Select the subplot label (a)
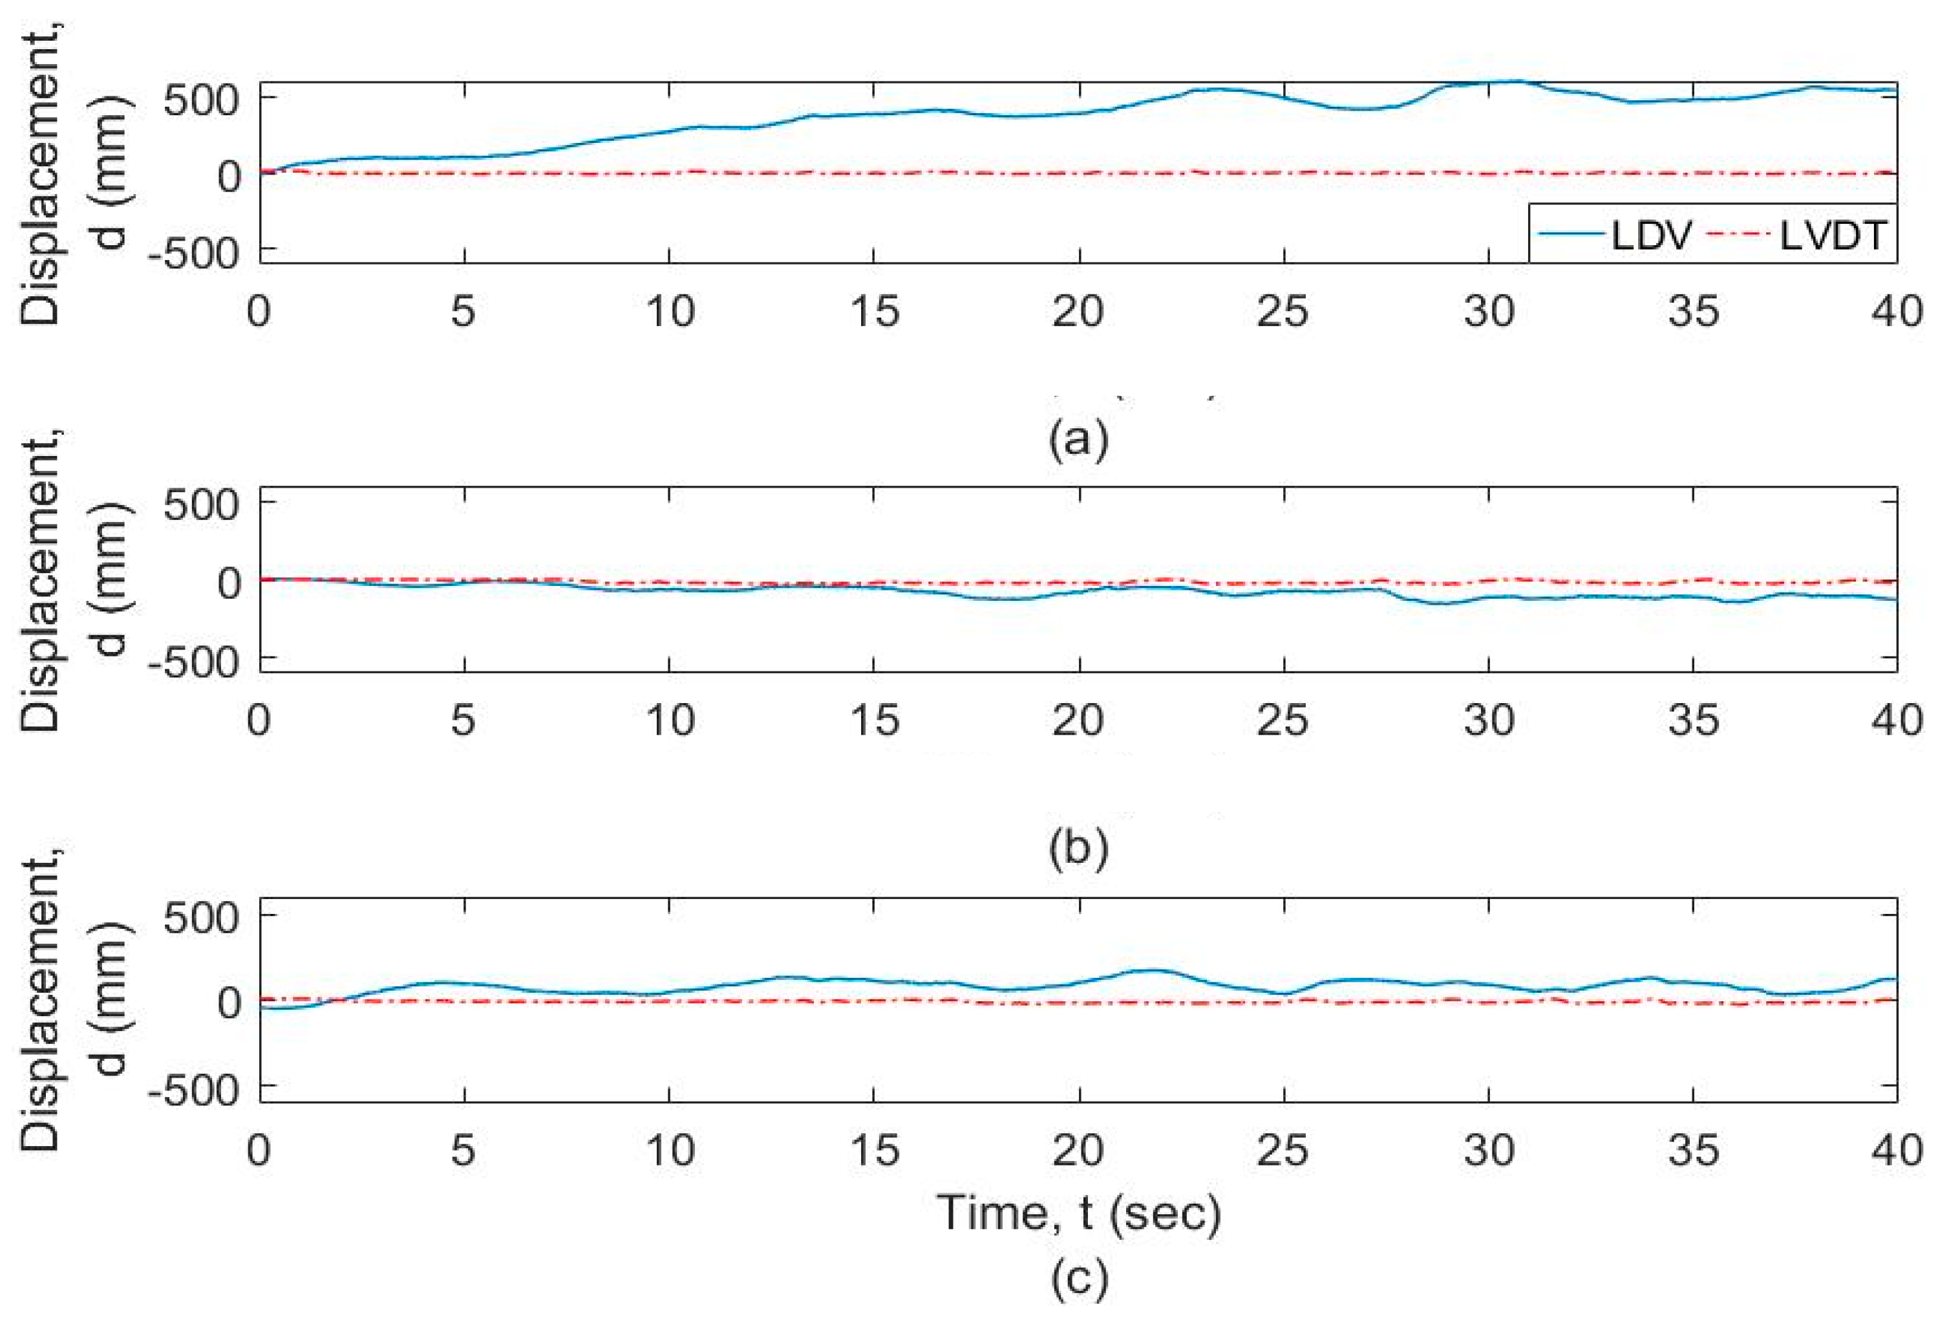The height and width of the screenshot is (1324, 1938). point(1078,438)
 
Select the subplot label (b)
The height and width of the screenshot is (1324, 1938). point(1078,847)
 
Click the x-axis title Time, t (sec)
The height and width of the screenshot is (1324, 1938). point(1078,1212)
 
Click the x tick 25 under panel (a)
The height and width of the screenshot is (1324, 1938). point(1283,312)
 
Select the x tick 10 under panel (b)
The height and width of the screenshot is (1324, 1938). point(670,720)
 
